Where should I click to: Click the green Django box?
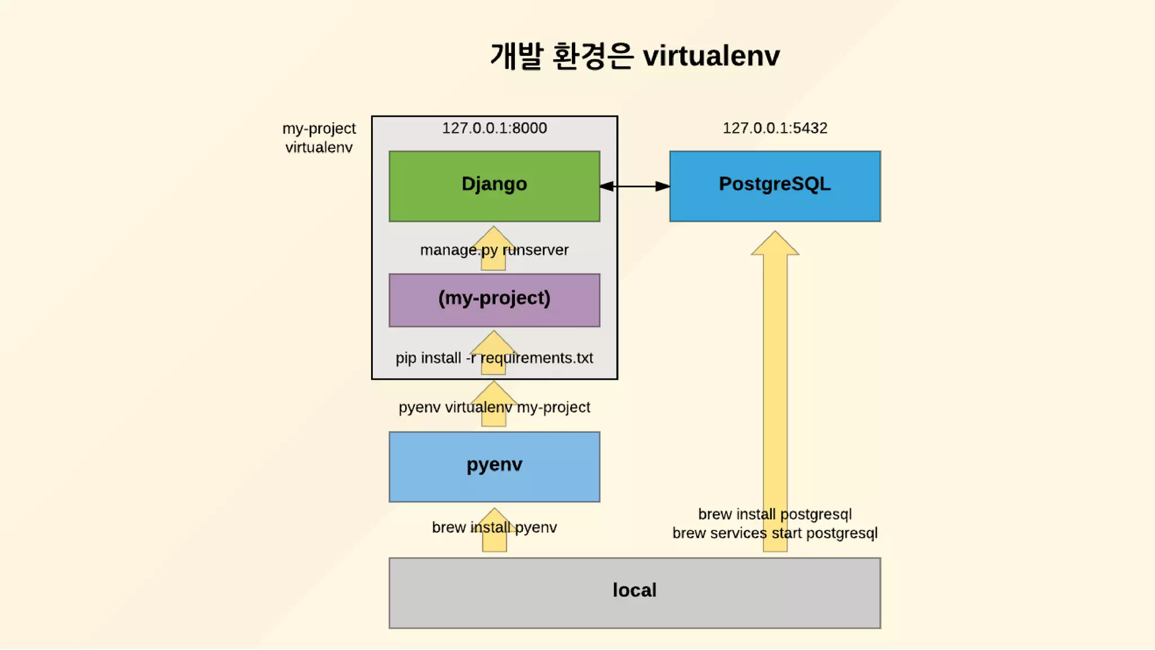point(494,186)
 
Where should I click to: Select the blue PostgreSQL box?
point(775,186)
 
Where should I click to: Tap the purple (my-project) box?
point(494,300)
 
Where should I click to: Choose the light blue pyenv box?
point(494,467)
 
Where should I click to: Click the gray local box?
point(634,592)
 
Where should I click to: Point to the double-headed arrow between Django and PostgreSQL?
point(634,186)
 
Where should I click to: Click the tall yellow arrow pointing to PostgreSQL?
point(775,367)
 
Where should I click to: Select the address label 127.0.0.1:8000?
point(494,128)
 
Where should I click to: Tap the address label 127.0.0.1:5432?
point(775,128)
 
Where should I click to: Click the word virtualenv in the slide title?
point(711,56)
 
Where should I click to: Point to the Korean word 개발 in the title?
point(517,56)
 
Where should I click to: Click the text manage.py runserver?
point(494,250)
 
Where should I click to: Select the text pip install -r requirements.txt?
point(494,358)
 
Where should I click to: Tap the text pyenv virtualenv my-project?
point(494,407)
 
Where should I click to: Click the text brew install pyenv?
point(494,527)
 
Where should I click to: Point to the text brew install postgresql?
point(775,514)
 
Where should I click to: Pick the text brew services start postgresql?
point(775,533)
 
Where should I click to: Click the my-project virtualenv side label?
point(319,138)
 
